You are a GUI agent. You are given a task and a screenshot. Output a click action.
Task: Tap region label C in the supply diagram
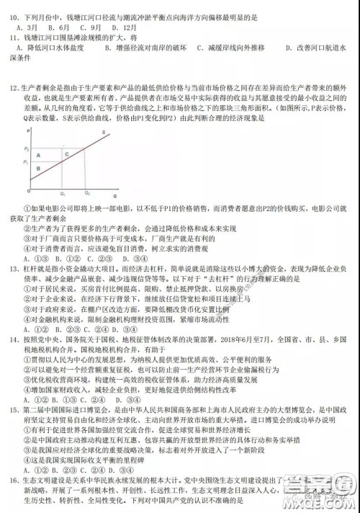(x=66, y=153)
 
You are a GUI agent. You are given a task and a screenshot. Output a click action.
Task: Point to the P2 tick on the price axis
(x=27, y=147)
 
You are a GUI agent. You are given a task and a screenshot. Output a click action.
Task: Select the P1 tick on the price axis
(x=27, y=163)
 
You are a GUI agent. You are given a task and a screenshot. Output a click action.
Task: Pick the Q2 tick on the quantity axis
(x=87, y=193)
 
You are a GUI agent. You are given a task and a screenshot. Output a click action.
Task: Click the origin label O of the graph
(x=27, y=192)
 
